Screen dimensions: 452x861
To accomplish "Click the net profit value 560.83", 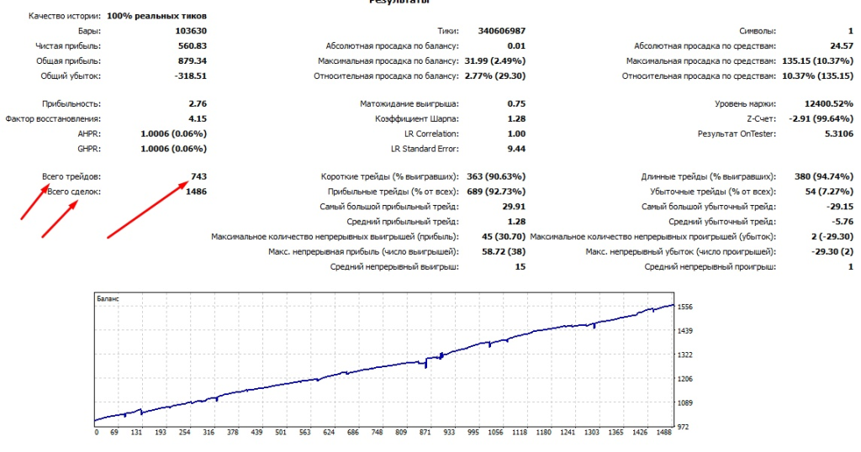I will pos(193,45).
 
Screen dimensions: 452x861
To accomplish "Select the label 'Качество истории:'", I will pos(65,16).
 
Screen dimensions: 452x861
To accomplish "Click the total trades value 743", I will pos(198,176).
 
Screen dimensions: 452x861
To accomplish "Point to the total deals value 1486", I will pos(195,192).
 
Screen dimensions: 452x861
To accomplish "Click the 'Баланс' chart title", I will pos(108,298).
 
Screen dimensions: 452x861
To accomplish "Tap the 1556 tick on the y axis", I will pos(686,307).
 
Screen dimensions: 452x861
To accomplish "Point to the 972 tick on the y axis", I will pos(684,428).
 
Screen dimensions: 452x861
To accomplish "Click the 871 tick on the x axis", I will pos(425,434).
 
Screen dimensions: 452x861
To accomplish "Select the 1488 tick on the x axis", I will pos(663,434).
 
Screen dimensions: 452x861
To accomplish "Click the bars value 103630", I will pos(190,31).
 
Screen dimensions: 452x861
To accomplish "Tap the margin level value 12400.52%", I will pos(826,103).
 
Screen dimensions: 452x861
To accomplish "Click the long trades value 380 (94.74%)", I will pos(824,176).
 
